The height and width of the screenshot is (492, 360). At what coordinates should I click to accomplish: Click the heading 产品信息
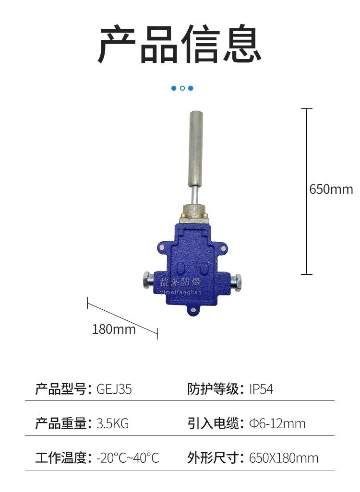pos(180,44)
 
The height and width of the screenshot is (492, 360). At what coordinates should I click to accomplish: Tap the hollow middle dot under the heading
pos(182,88)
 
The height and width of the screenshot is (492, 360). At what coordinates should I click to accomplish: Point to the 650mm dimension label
pos(331,189)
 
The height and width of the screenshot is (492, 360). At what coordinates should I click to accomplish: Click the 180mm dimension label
pos(114,329)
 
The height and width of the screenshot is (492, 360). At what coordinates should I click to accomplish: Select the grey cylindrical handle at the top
pos(196,149)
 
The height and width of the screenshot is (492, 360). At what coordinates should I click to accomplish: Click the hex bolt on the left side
pos(148,281)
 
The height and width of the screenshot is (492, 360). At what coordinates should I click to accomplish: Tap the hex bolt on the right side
pos(236,281)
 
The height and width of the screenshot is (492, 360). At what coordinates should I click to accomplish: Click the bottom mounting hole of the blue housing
pos(193,311)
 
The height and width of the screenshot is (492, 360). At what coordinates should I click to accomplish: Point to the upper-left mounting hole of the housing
pos(162,248)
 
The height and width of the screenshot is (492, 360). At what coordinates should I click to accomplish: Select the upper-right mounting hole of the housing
pos(223,249)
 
